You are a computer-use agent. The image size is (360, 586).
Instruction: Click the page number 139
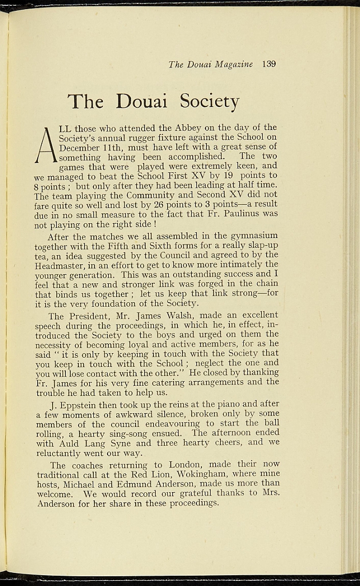[269, 64]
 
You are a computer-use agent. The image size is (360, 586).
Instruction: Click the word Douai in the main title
[141, 101]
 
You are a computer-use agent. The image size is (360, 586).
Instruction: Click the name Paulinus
[235, 213]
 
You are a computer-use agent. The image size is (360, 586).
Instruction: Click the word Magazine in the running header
[234, 64]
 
